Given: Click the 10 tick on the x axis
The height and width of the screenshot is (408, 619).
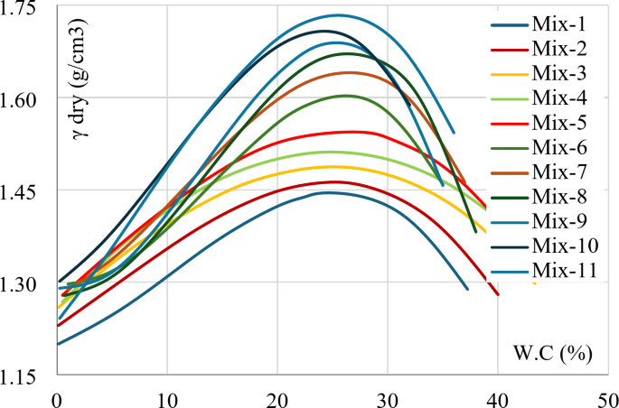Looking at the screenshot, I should pyautogui.click(x=167, y=397).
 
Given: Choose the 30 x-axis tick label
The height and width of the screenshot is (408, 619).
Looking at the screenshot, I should pyautogui.click(x=388, y=397).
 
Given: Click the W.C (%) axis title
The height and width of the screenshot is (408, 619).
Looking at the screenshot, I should pyautogui.click(x=553, y=353).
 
